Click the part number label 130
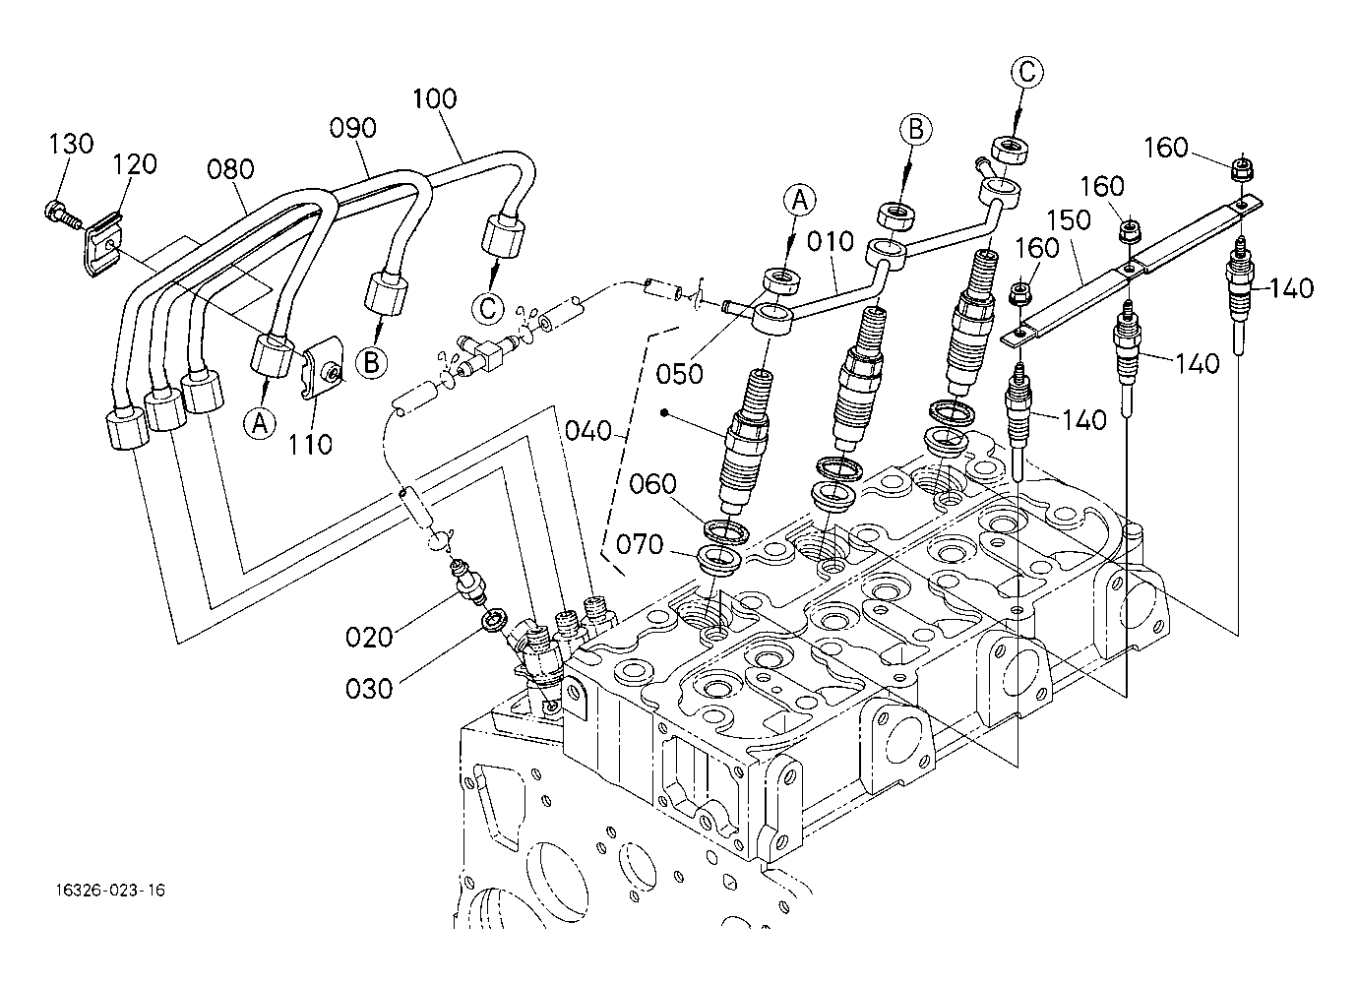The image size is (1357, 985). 71,144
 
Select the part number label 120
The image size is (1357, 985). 134,164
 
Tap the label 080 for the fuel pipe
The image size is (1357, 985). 230,169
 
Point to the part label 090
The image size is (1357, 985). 352,129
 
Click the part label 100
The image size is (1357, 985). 434,98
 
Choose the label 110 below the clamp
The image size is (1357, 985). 311,445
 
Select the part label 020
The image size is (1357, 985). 369,637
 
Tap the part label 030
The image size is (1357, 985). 369,688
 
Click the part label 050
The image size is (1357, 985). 680,374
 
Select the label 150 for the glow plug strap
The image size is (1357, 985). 1069,219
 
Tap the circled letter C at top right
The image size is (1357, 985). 1026,72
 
